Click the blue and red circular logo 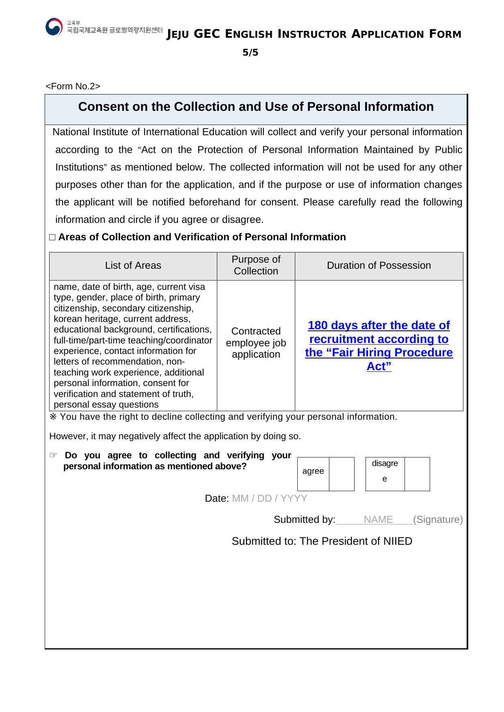point(54,27)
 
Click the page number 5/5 point(250,52)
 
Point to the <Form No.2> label point(73,86)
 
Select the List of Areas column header point(133,265)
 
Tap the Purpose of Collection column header point(256,265)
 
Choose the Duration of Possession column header point(379,265)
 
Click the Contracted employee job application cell point(256,343)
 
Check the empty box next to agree point(342,474)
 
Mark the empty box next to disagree point(417,474)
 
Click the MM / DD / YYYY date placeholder point(270,498)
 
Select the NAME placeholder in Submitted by point(378,520)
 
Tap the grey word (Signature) point(438,520)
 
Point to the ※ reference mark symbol point(53,417)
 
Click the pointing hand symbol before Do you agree point(54,455)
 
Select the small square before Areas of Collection point(52,237)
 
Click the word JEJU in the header point(178,35)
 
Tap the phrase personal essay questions point(106,405)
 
